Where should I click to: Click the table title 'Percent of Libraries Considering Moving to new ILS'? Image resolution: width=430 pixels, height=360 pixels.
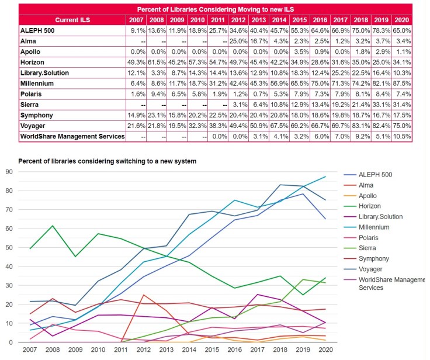pos(214,9)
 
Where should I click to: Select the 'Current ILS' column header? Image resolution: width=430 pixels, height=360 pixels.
pos(71,19)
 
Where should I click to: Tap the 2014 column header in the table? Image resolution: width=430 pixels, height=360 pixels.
pos(279,19)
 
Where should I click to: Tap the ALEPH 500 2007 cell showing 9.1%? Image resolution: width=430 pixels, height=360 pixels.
pos(137,30)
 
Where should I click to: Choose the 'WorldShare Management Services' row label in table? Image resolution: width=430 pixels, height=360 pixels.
pos(72,136)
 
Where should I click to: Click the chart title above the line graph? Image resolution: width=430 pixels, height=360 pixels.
pos(107,161)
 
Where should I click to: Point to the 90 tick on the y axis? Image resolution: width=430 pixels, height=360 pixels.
pos(9,171)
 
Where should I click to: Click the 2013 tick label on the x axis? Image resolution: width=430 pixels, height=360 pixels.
pos(167,349)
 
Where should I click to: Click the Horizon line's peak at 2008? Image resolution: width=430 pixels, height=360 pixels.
pos(53,226)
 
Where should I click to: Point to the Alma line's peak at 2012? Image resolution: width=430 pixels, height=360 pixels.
pos(143,295)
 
